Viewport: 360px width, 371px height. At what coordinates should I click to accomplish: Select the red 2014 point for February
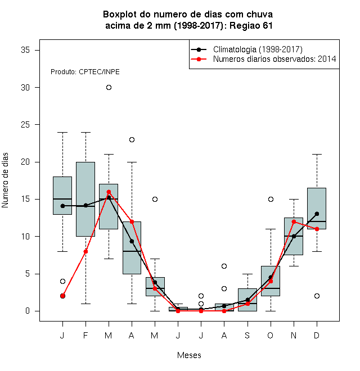click(x=85, y=251)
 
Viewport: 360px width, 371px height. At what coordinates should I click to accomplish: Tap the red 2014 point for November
click(x=294, y=221)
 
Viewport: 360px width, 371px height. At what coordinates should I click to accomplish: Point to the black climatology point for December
click(x=317, y=214)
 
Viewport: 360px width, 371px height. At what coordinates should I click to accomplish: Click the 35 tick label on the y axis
click(x=25, y=50)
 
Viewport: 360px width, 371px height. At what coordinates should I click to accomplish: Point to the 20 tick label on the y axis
click(x=25, y=162)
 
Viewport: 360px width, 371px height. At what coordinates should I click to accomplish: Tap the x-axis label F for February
click(x=85, y=335)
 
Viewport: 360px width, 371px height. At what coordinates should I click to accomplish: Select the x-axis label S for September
click(x=247, y=335)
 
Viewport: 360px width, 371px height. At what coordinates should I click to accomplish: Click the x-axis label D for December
click(x=317, y=335)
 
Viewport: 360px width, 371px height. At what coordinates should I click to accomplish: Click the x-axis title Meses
click(x=189, y=355)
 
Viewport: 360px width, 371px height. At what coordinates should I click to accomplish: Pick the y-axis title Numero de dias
click(x=5, y=180)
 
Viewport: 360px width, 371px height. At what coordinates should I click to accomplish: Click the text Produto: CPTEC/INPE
click(x=85, y=72)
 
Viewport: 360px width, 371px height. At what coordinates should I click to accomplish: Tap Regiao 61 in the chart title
click(x=251, y=25)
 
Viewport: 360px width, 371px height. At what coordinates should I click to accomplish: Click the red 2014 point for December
click(x=317, y=229)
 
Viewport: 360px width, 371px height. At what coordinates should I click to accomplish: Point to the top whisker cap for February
click(x=85, y=133)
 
